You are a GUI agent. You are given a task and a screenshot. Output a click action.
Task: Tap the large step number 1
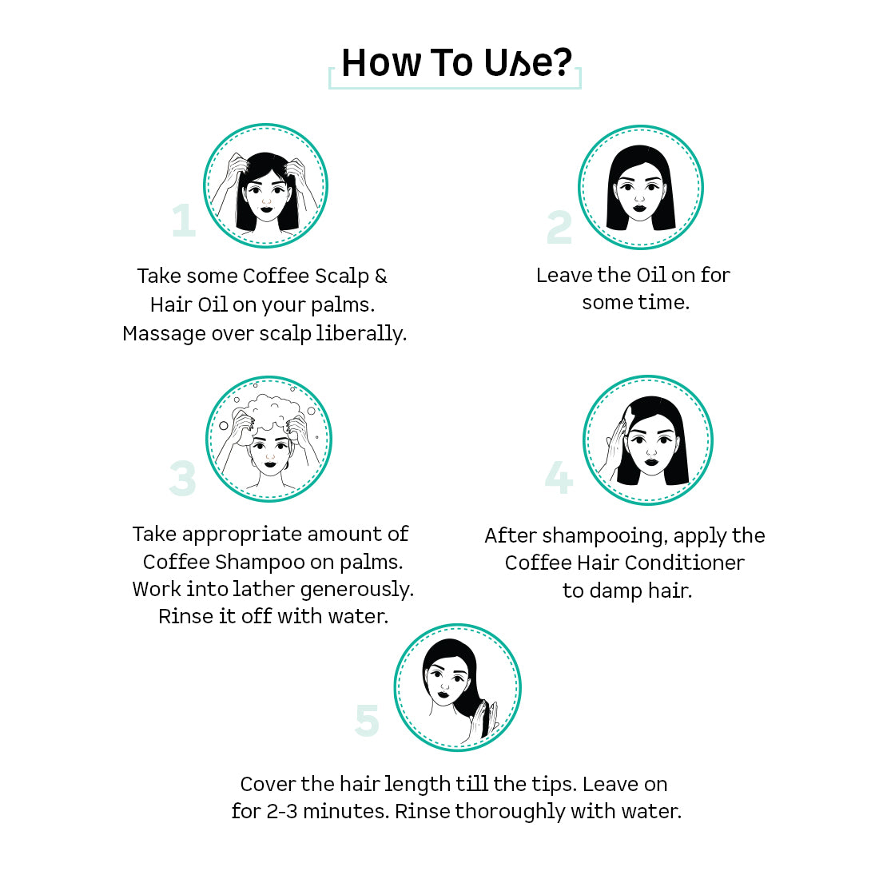pos(184,221)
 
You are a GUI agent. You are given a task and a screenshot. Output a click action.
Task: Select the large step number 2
pos(559,227)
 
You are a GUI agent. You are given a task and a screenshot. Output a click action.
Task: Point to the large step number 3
pos(183,478)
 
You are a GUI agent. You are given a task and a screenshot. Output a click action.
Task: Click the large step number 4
pos(559,477)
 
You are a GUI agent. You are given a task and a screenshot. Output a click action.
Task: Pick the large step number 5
pos(368,720)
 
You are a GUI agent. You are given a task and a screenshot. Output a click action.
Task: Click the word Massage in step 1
pos(165,334)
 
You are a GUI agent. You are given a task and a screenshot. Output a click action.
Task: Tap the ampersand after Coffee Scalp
pos(380,276)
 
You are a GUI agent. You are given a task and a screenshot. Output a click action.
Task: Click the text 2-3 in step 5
pos(282,812)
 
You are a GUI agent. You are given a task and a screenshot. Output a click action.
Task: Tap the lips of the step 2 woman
pos(639,209)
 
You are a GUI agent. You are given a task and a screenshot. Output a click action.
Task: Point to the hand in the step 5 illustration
pos(483,721)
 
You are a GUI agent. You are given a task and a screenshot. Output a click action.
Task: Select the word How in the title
pos(381,62)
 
